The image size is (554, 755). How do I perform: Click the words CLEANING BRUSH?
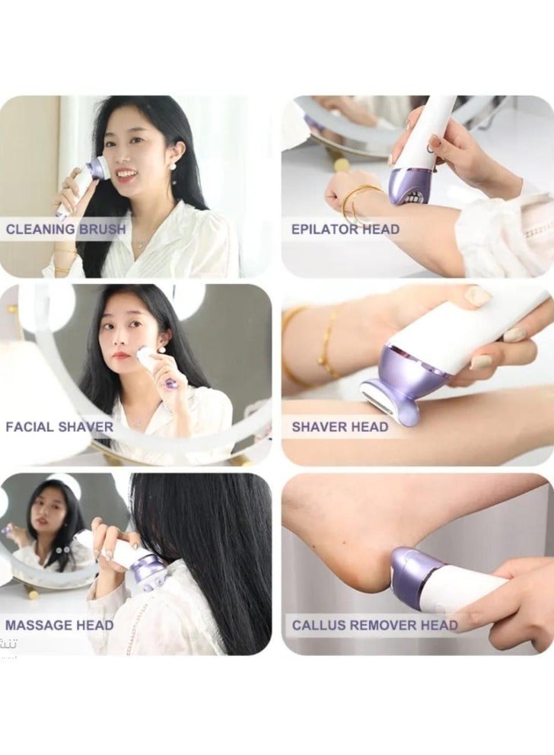click(65, 229)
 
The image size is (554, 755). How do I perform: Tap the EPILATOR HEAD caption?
click(345, 229)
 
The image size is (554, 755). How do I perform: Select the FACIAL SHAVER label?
click(59, 426)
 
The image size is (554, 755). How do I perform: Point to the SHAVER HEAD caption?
click(339, 426)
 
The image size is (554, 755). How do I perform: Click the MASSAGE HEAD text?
click(59, 625)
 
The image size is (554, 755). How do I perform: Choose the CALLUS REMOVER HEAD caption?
click(374, 626)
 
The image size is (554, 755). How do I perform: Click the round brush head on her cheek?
click(98, 168)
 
